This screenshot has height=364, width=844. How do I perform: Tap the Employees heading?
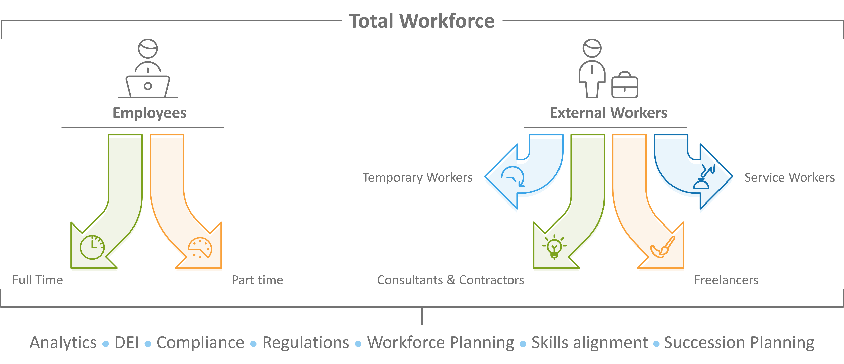149,113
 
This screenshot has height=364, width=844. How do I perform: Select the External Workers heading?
608,113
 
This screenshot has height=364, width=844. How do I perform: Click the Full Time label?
37,280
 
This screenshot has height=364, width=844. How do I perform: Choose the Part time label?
257,280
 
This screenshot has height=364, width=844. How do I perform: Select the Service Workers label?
789,177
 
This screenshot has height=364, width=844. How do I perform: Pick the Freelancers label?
726,280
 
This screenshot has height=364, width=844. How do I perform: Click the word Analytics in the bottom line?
63,343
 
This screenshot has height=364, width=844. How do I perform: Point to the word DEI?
127,343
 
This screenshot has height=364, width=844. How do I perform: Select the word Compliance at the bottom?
200,343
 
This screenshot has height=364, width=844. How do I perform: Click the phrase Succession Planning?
739,343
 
